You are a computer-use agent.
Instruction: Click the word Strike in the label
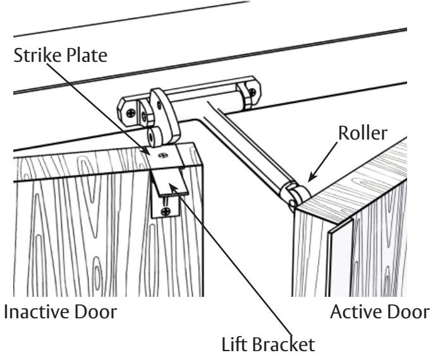(x=37, y=55)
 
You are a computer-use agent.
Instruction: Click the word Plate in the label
(x=87, y=55)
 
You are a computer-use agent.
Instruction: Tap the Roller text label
(x=363, y=133)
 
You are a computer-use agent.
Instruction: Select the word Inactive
(x=37, y=312)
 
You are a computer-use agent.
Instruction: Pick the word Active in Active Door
(x=354, y=312)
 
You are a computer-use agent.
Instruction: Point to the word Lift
(x=233, y=344)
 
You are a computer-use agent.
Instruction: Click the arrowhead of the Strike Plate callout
(x=146, y=150)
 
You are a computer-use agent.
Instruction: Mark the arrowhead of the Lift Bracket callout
(x=173, y=188)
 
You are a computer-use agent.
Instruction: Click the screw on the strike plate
(x=163, y=155)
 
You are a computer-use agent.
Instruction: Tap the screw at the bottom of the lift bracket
(x=166, y=212)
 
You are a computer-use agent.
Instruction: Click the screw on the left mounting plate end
(x=131, y=113)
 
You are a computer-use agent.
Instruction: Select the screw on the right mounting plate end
(x=252, y=92)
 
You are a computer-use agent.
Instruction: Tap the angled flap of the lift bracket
(x=170, y=182)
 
